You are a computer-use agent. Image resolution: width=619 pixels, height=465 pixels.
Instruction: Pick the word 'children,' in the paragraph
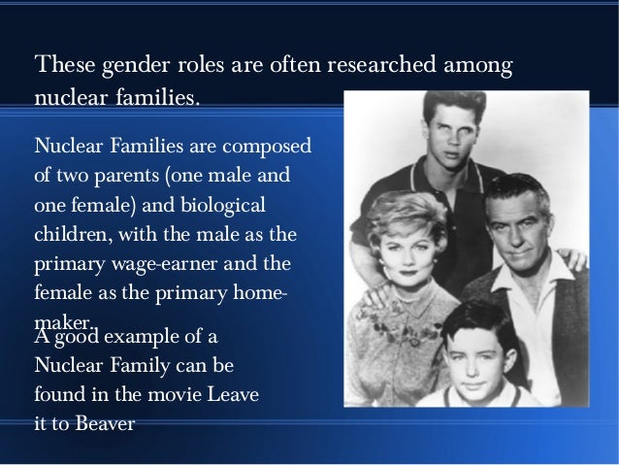click(70, 237)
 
